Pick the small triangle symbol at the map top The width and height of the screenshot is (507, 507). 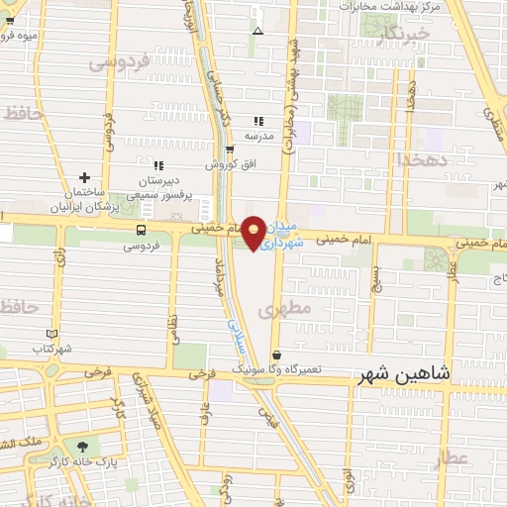(x=257, y=31)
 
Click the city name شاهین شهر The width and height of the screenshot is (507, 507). (x=401, y=374)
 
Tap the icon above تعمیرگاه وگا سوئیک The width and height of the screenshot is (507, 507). (x=275, y=354)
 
